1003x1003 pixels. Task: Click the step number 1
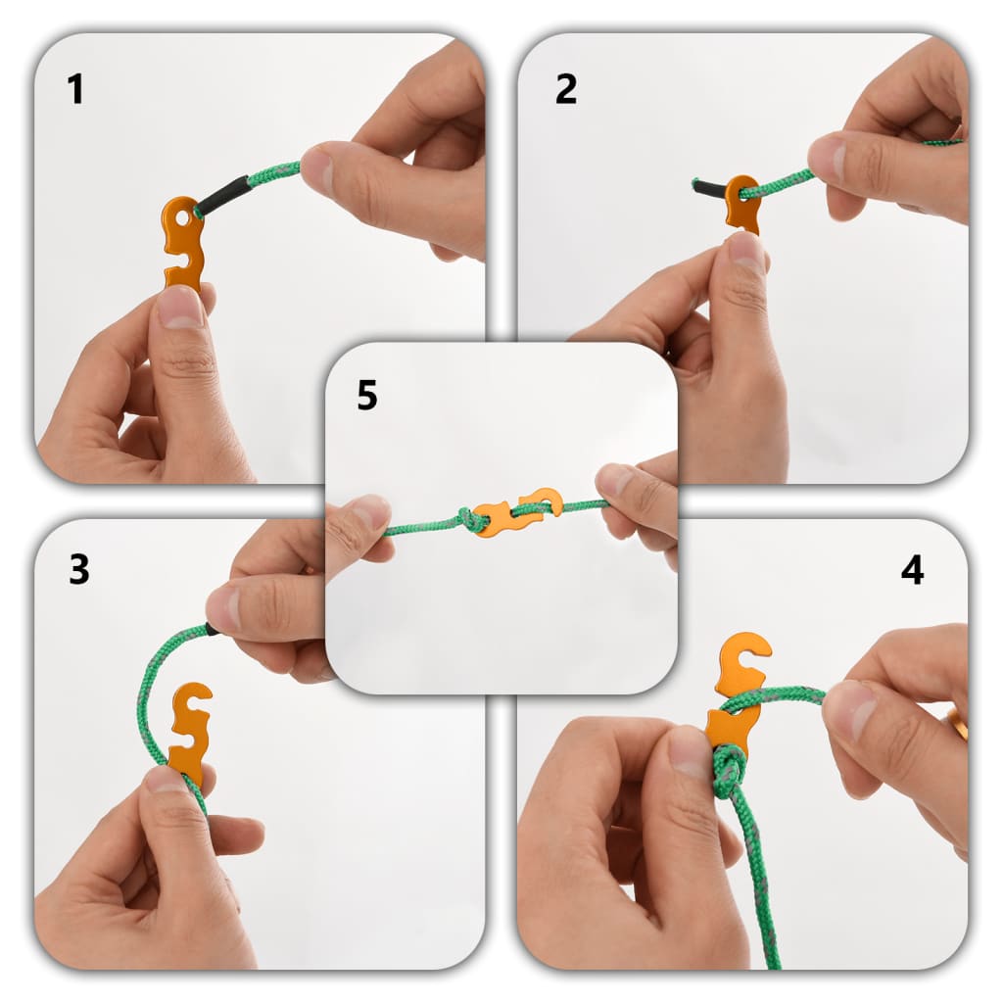click(x=75, y=89)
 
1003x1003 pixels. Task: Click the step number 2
click(x=566, y=89)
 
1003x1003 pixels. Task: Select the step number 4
click(x=912, y=570)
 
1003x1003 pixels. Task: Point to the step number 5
click(x=367, y=396)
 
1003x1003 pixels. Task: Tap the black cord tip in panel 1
click(x=222, y=193)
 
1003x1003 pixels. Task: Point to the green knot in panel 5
click(x=472, y=519)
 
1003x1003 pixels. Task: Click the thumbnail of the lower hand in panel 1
click(x=180, y=308)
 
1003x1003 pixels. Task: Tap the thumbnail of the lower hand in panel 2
click(x=746, y=252)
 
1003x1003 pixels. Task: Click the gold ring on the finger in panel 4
click(x=956, y=725)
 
